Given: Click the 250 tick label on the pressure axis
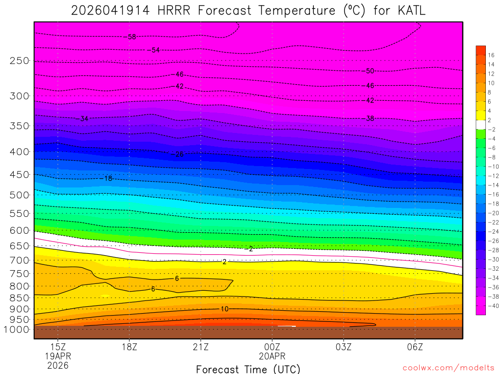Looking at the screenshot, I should coord(19,61).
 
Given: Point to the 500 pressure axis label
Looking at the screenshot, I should coord(19,195).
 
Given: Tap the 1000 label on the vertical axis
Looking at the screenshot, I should coord(17,330).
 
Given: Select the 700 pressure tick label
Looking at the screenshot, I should coord(19,260).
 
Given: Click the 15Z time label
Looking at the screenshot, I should coord(58,347).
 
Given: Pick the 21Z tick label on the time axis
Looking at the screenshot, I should coord(201,347).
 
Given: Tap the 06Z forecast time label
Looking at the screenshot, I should coord(415,347).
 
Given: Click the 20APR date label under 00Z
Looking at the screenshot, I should coord(272,356).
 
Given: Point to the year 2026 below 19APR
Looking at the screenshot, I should coord(58,365).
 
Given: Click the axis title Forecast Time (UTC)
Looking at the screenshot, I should coord(248,369).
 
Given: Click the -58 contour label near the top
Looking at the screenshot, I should coord(131,37).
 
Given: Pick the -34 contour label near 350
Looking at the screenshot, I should coord(83,119).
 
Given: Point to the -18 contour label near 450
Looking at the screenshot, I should coord(107,179).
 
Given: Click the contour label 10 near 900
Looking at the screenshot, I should coord(224,309).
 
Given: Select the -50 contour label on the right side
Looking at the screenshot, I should coord(369,71).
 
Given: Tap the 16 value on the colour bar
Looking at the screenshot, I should coord(491,55).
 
